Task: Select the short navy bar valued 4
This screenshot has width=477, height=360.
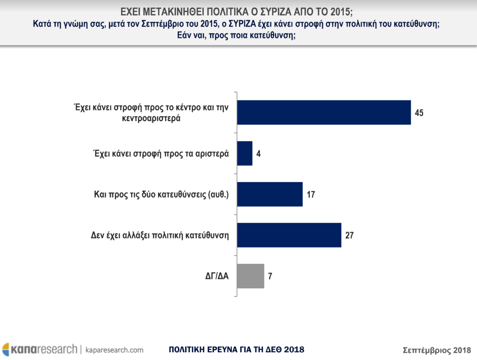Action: tap(245, 153)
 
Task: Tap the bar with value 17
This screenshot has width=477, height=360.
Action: tap(270, 194)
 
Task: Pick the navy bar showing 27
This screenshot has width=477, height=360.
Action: tap(289, 235)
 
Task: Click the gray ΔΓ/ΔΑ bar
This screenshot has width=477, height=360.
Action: tap(251, 276)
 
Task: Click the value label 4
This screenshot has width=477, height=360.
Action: tap(258, 154)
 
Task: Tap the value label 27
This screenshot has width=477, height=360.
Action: tap(349, 236)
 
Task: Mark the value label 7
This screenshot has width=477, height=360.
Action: tap(270, 276)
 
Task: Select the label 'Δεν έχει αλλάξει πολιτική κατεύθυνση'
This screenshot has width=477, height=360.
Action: tap(159, 236)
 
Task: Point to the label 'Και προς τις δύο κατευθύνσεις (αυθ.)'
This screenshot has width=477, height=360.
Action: tap(160, 195)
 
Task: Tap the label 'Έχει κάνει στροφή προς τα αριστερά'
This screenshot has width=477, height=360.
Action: tap(160, 154)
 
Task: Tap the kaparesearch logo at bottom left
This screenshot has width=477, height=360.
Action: tap(39, 349)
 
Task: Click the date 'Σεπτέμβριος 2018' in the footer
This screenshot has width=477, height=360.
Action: tap(436, 349)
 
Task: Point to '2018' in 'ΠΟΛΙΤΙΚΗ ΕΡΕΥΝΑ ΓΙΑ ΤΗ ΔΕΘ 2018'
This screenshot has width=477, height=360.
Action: tap(293, 349)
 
